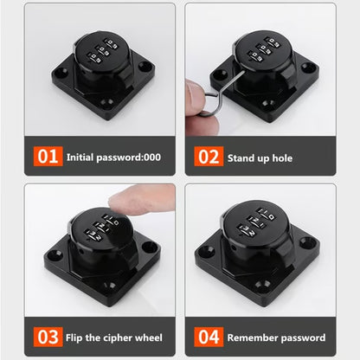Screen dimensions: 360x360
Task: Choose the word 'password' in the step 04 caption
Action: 299,337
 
